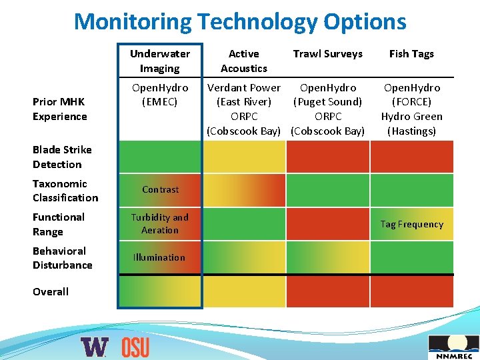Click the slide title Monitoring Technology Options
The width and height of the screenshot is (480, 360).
coord(240,21)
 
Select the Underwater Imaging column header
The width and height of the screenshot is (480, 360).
coord(160,61)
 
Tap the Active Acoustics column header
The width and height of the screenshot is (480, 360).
coord(244,61)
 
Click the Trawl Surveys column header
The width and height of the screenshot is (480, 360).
coord(328,54)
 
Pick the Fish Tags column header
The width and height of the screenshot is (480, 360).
coord(411,54)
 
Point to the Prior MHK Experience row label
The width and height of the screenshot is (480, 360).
coord(60,109)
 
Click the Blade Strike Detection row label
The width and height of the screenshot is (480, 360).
coord(62,157)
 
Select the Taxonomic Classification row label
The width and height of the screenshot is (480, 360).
coord(65,191)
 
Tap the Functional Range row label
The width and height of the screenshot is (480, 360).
coord(59,224)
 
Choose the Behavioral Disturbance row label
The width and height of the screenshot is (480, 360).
coord(63,258)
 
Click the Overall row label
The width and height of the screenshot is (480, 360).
coord(51,291)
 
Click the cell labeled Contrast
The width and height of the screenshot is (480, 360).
coord(160,190)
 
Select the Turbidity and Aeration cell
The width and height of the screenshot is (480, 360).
coord(160,223)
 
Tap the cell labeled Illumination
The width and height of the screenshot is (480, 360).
coord(159,257)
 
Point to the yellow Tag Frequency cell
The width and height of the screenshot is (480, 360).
coord(411,224)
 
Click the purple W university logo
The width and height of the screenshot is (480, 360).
coord(95,347)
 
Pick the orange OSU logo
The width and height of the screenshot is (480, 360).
coord(135,347)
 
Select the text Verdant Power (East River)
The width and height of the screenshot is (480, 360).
coord(244,95)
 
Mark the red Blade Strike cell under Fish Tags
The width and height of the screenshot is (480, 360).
coord(411,157)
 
